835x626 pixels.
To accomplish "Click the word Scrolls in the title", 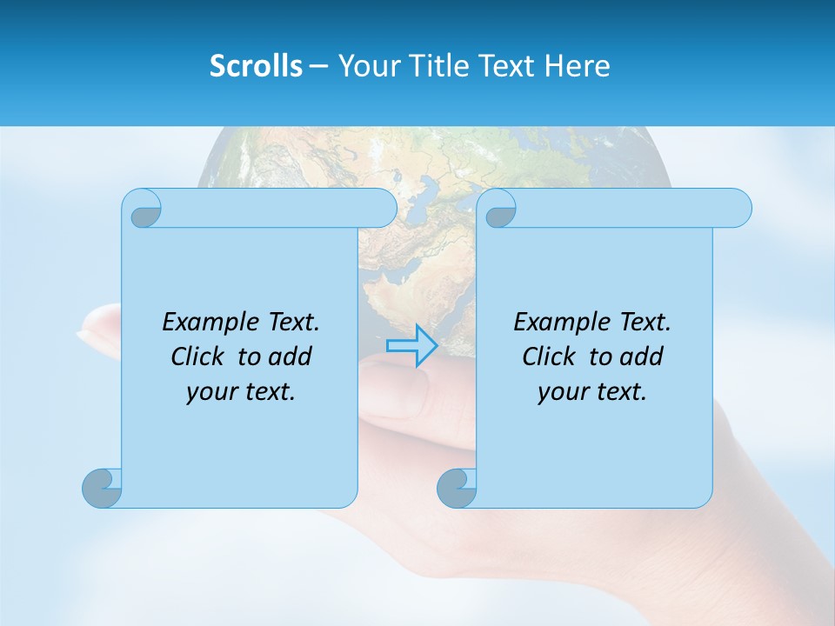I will click(x=257, y=66).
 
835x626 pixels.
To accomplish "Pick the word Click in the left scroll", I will click(x=199, y=356).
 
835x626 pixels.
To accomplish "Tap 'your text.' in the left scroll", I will click(x=241, y=392).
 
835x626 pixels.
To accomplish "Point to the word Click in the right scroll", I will click(x=551, y=356).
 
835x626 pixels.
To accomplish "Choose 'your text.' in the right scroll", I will click(x=592, y=392).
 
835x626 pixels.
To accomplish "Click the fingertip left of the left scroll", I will click(x=91, y=330).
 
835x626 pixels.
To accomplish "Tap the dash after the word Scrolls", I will click(x=318, y=66).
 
